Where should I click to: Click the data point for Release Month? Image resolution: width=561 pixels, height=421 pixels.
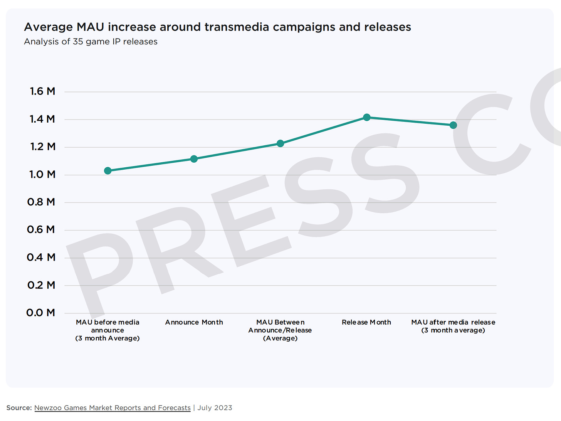click(x=367, y=117)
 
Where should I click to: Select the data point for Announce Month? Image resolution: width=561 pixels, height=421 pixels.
click(x=194, y=159)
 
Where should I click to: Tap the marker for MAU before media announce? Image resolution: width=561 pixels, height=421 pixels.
click(x=108, y=170)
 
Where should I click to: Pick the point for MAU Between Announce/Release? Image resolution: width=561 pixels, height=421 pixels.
click(x=280, y=143)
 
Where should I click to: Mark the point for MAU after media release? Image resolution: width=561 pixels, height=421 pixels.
click(x=453, y=125)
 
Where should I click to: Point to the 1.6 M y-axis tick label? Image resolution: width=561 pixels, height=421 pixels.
click(x=42, y=91)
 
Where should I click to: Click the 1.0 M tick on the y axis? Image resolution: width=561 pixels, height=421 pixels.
click(x=42, y=175)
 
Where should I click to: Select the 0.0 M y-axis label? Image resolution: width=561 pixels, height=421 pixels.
click(x=40, y=313)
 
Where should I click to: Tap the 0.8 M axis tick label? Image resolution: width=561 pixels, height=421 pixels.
click(x=41, y=202)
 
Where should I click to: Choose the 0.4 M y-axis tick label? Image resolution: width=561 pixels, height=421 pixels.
click(x=41, y=257)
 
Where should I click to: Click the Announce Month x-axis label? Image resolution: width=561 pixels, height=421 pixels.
click(x=194, y=322)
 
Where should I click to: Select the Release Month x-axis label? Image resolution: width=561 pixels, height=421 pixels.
click(x=366, y=322)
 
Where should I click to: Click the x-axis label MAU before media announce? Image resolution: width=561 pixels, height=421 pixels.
click(x=107, y=330)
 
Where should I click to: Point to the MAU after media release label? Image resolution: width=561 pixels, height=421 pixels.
click(x=453, y=326)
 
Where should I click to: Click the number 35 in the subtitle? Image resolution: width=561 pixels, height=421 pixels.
click(x=78, y=42)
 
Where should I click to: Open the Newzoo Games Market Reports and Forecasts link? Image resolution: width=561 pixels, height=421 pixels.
click(x=113, y=408)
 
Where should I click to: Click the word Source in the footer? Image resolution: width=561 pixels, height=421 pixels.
click(x=19, y=408)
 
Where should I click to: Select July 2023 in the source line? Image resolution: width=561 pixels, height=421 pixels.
click(x=215, y=408)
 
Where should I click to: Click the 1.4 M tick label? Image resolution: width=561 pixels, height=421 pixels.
click(x=42, y=119)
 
